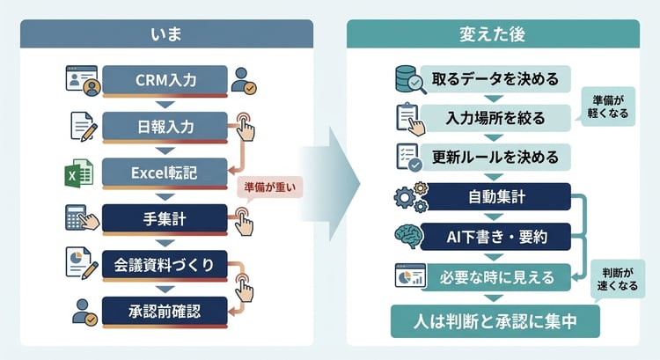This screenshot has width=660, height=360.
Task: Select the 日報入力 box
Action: point(165,127)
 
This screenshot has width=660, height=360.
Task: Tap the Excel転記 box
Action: point(165,172)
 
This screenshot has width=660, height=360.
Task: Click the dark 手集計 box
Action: point(165,217)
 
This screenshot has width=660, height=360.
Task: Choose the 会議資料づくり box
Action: point(165,263)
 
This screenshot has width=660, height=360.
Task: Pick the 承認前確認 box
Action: point(165,310)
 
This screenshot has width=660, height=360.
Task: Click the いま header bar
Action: point(165,34)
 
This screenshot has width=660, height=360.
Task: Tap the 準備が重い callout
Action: point(269,187)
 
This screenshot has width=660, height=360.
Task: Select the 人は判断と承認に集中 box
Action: point(495,321)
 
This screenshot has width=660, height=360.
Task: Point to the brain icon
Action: point(410,235)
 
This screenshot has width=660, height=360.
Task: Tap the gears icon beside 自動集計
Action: point(410,195)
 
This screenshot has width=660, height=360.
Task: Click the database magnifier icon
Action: point(410,79)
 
